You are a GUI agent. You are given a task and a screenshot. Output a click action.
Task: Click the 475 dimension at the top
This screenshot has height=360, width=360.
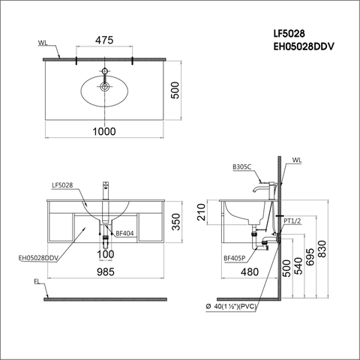tap(104, 41)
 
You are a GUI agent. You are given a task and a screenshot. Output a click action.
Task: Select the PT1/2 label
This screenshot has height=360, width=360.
tap(293, 220)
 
